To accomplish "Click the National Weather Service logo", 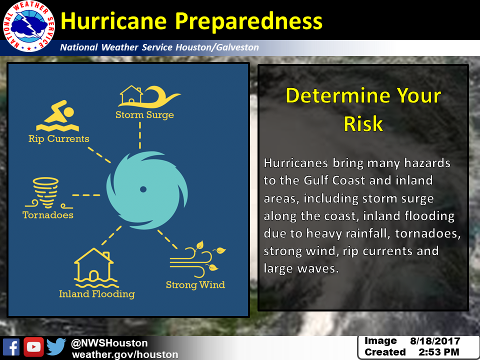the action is click(29, 26).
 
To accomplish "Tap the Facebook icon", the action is click(11, 347).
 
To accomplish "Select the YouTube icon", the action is click(33, 347).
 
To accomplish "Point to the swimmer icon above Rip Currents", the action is click(57, 115).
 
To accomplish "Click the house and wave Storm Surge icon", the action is click(149, 96).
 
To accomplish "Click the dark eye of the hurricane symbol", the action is click(143, 189).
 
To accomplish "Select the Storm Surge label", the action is click(145, 115).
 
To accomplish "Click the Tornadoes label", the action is click(48, 215).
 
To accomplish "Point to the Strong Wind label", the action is click(195, 285).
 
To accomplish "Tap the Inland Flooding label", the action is click(96, 294).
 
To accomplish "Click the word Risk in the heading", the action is click(363, 123).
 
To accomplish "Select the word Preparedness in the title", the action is click(248, 21).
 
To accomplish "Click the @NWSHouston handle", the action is click(109, 343).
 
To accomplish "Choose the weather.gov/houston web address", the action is click(125, 354).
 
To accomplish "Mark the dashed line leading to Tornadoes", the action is click(86, 195).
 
